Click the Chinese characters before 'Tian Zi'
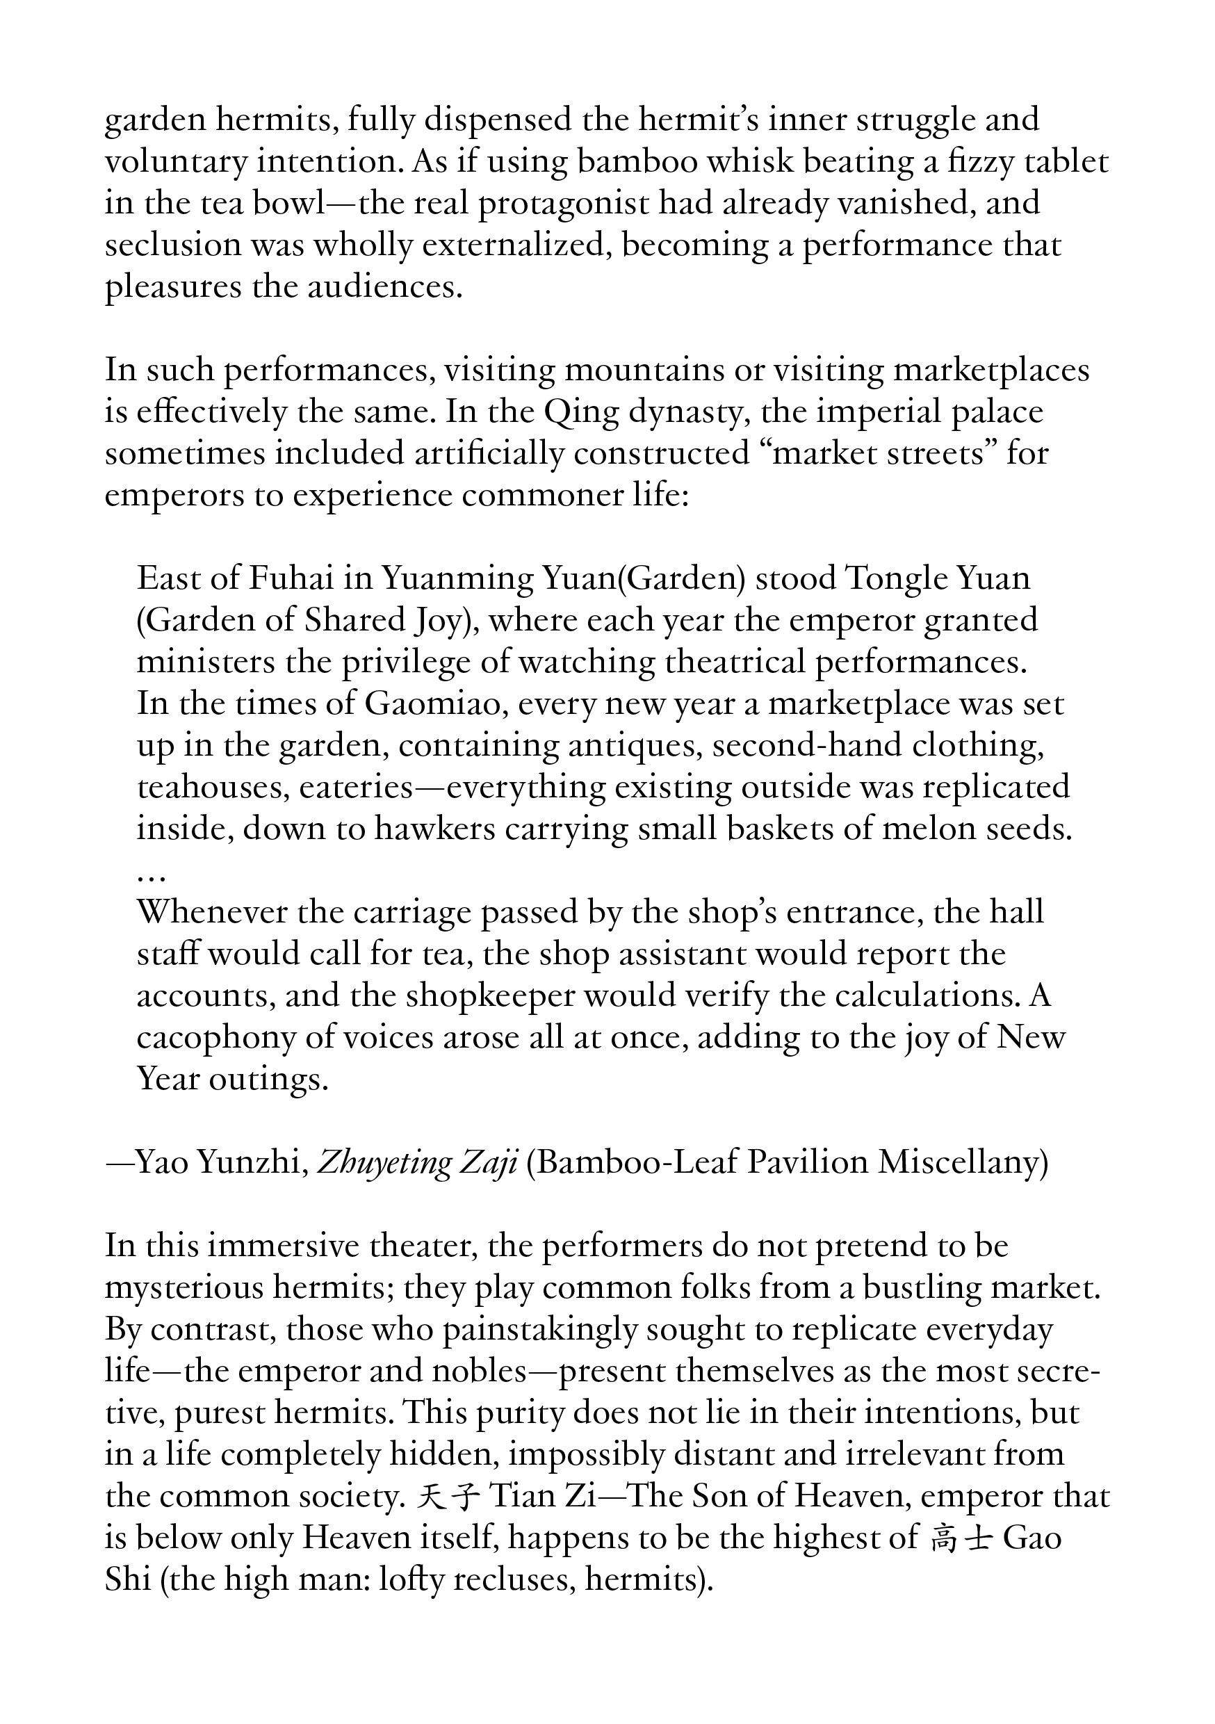coord(448,1498)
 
